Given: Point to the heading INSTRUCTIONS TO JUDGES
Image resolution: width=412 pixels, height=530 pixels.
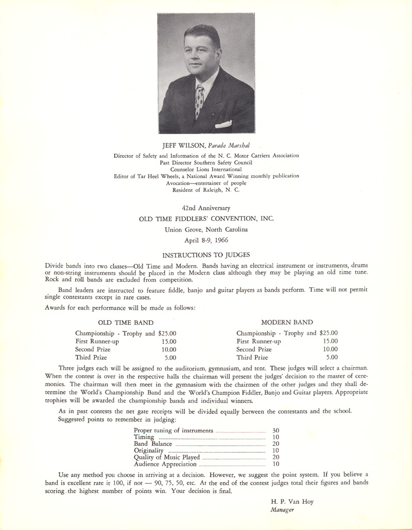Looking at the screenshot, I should (x=206, y=255).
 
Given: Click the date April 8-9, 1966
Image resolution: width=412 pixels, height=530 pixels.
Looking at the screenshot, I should (x=206, y=240).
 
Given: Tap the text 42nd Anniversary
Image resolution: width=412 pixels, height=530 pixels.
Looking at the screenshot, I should (x=206, y=208).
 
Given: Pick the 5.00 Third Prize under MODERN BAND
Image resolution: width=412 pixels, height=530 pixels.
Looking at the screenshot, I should (x=332, y=357).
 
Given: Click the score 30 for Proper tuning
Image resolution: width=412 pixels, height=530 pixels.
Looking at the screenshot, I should (x=275, y=430).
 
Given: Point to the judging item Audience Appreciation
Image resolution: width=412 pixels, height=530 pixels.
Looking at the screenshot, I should (x=165, y=464).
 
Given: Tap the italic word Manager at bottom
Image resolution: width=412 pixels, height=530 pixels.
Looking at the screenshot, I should (x=282, y=510).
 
